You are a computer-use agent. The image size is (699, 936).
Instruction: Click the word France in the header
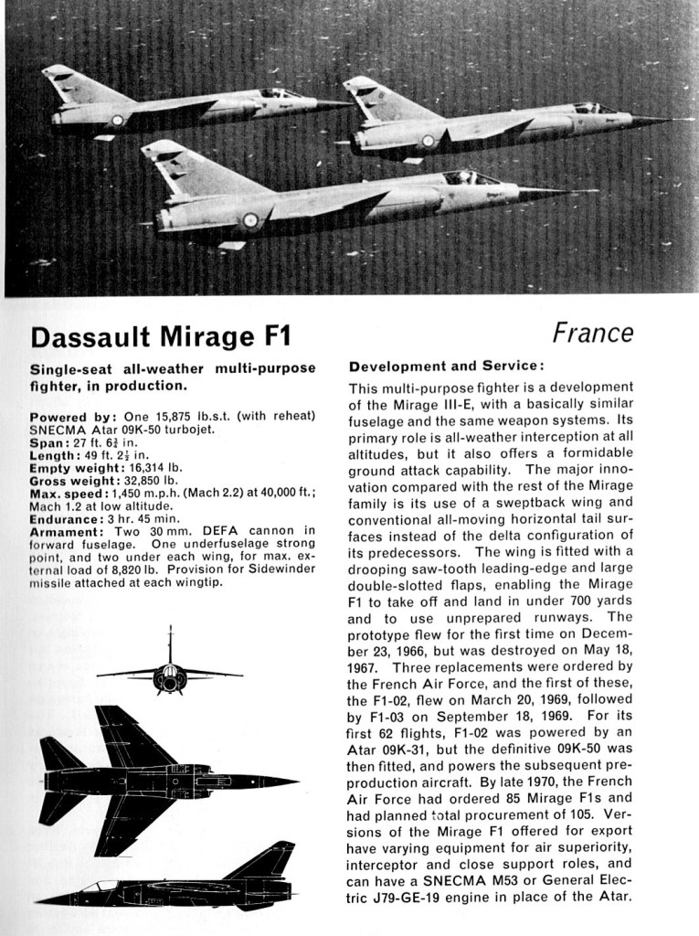pos(593,333)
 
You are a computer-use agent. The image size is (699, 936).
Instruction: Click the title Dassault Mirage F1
pos(160,336)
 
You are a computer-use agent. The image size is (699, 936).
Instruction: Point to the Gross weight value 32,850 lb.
pos(148,480)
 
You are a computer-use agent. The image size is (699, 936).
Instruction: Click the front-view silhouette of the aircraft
pos(170,672)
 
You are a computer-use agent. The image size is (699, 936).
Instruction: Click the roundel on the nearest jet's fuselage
pos(249,219)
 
